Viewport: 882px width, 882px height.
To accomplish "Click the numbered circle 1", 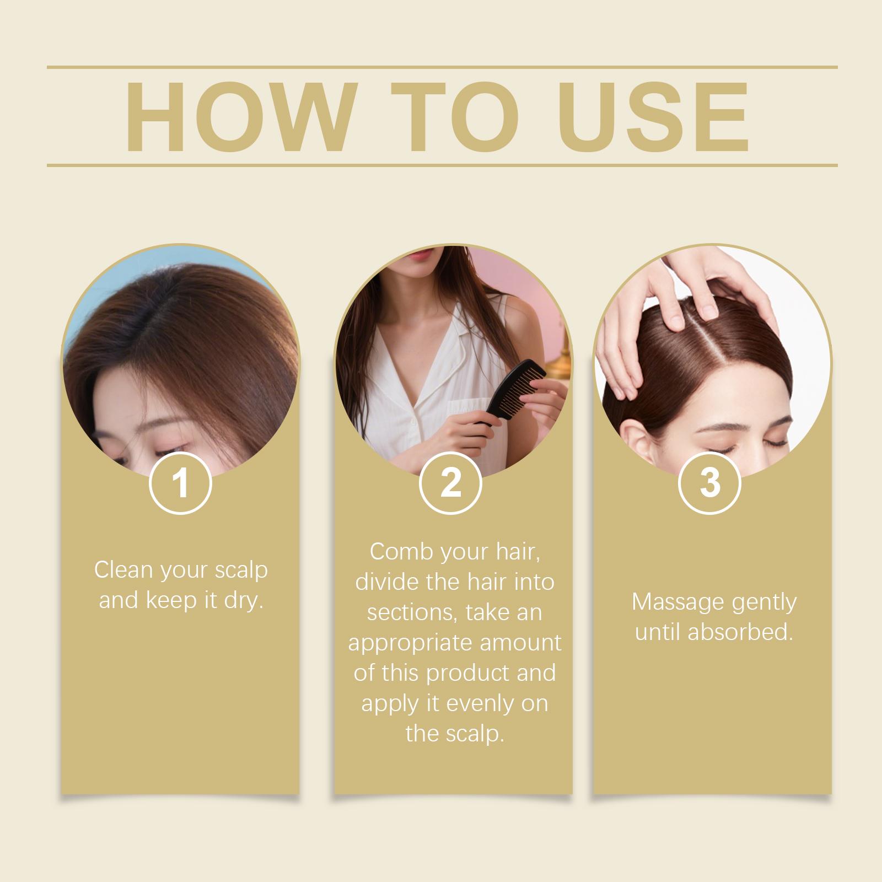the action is [180, 482].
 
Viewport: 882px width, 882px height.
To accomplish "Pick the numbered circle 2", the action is [450, 482].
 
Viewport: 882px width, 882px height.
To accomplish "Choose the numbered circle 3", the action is [710, 482].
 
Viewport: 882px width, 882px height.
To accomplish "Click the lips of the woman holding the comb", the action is [419, 255].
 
